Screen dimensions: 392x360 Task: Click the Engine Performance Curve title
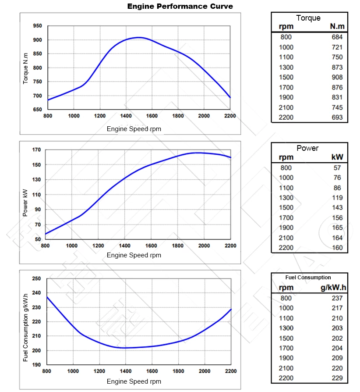click(x=180, y=6)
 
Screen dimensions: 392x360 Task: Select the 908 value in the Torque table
click(x=337, y=77)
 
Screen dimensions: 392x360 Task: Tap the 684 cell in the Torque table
click(x=337, y=37)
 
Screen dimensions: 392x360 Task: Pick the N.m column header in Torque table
click(x=337, y=27)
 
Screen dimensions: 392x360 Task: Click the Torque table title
click(x=308, y=18)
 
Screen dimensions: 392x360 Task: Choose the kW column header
click(x=337, y=157)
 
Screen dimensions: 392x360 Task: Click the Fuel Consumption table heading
click(x=308, y=278)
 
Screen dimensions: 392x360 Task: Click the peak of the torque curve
click(x=138, y=37)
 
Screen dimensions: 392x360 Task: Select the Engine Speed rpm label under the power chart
click(x=134, y=255)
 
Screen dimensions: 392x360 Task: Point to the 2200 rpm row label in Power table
click(x=286, y=248)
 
